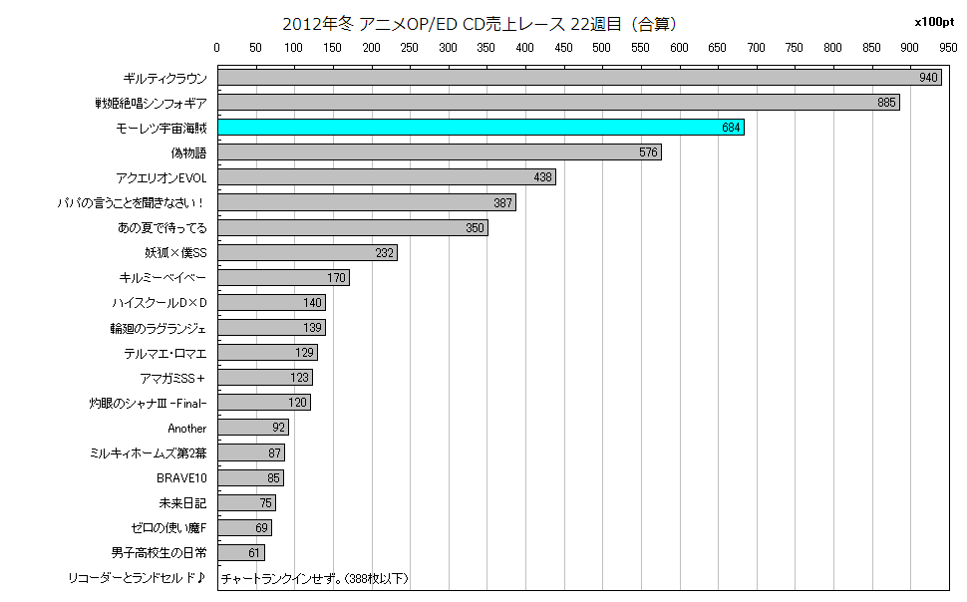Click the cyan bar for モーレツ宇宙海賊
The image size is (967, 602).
481,128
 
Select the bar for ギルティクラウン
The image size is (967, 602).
578,78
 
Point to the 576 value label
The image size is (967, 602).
648,152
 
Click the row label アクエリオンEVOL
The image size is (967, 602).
161,177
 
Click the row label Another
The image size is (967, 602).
186,429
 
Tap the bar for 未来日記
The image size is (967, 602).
246,503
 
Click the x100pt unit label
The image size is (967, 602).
933,22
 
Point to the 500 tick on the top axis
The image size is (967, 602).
602,47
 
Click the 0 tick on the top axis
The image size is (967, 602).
217,47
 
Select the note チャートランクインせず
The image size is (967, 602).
314,578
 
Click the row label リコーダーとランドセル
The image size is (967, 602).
137,578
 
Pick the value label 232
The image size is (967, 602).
384,253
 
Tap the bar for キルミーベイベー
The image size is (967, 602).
283,278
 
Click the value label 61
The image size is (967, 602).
254,553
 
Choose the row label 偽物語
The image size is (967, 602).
187,152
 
